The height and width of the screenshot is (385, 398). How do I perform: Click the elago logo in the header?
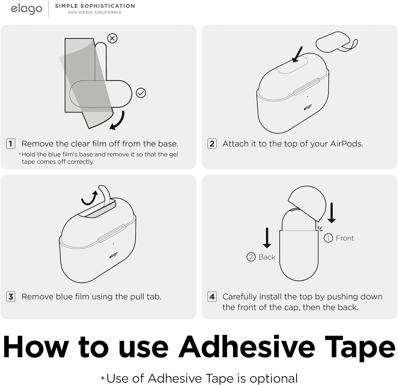pos(27,9)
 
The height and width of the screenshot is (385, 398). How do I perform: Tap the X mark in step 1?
pos(113,38)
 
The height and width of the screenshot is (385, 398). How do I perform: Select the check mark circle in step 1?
pos(141,93)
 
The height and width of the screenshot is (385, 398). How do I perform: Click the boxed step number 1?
pos(11,144)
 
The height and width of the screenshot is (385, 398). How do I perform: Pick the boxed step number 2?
pos(212,144)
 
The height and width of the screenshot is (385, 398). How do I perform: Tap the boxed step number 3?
pos(11,297)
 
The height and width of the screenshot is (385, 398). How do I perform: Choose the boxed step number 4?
pos(212,297)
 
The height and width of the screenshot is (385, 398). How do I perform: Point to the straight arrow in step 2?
pos(297,54)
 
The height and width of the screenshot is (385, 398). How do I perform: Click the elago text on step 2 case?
pos(308,107)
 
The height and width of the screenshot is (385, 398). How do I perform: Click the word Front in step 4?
pos(345,238)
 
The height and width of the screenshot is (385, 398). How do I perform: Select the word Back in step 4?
pos(267,257)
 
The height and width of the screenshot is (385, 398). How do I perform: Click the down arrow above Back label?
pos(267,238)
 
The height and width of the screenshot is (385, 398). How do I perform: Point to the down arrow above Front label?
pos(332,213)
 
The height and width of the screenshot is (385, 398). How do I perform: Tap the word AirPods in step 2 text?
pos(346,144)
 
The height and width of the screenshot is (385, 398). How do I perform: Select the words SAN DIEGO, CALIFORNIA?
pos(95,12)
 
